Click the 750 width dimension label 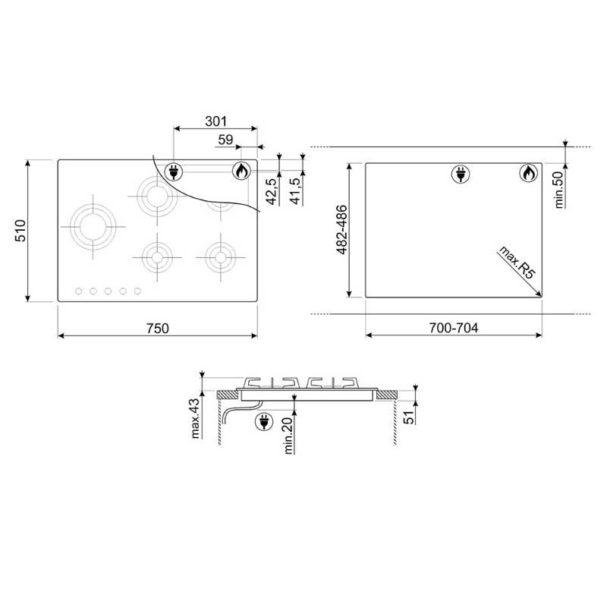coord(158,329)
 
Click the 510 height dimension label coord(20,231)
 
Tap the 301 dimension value coord(215,121)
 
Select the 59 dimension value coord(225,140)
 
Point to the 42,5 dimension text coord(272,191)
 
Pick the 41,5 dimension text coord(295,191)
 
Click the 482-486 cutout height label coord(342,230)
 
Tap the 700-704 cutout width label coord(453,328)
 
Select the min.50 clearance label coord(559,190)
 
